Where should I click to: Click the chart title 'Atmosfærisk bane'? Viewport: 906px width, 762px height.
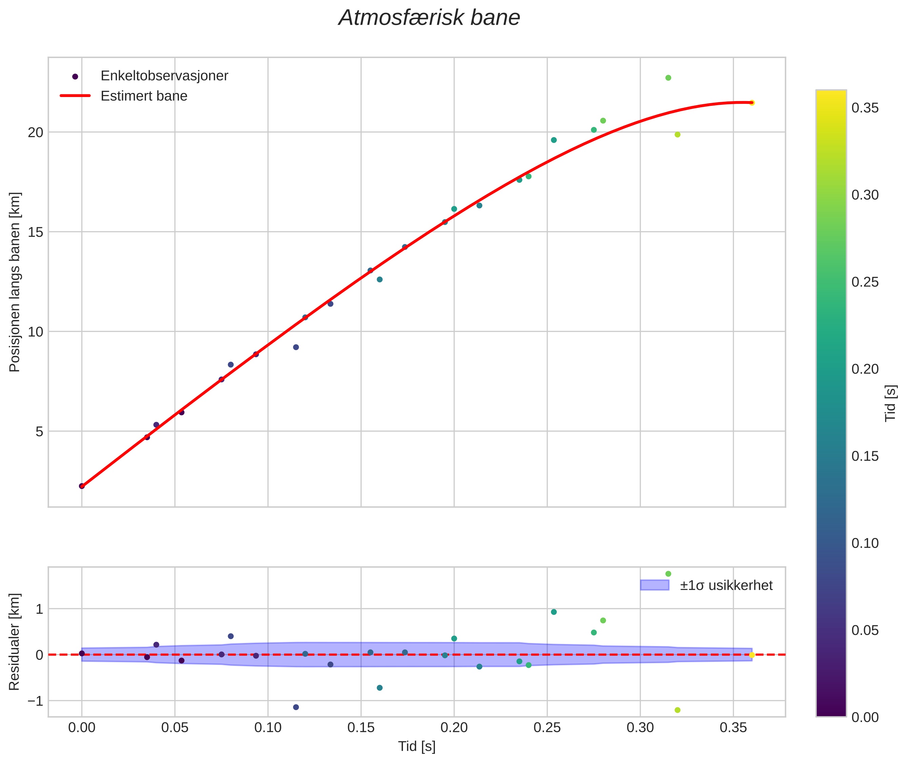(429, 18)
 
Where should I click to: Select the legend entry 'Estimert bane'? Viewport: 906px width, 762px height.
(144, 96)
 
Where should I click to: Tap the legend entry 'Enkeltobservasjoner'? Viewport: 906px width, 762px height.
(164, 76)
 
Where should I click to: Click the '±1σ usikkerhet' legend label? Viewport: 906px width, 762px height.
(726, 585)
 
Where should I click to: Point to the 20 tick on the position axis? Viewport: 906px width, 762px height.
(36, 132)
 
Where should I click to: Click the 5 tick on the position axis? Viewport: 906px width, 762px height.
(40, 432)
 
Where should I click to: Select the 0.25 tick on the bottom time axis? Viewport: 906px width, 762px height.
(547, 728)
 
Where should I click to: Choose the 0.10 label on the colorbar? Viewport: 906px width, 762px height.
(865, 543)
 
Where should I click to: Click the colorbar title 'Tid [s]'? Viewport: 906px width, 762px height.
(890, 403)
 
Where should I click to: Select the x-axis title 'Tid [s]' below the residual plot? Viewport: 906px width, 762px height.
(417, 746)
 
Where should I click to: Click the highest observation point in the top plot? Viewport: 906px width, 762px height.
(668, 78)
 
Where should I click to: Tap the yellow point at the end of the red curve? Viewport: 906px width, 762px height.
(752, 103)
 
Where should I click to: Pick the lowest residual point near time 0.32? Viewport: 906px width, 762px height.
(677, 710)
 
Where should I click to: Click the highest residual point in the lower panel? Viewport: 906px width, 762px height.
(668, 574)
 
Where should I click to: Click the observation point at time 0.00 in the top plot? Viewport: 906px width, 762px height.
(82, 486)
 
